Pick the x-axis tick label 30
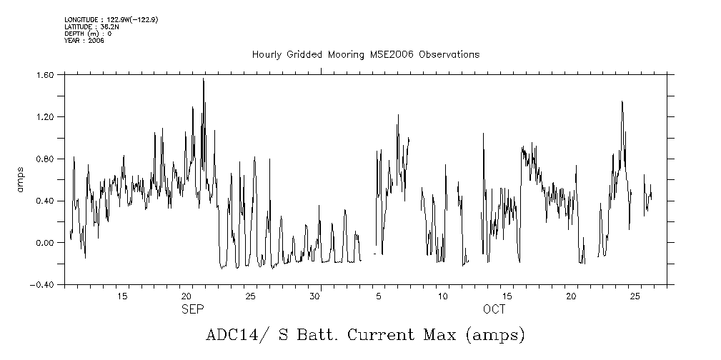pos(314,296)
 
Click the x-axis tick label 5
pos(379,296)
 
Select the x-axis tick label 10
pos(443,296)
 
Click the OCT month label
pos(493,309)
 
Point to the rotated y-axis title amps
pos(21,179)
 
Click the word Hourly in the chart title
pos(266,55)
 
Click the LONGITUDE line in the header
pos(111,20)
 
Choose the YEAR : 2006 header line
pos(84,41)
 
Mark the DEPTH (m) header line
pos(88,34)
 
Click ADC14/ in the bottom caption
pos(234,334)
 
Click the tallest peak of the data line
pos(203,79)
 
